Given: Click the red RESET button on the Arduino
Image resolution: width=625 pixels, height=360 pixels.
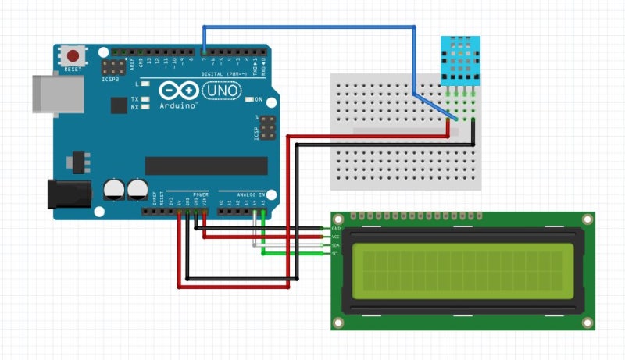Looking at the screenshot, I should [73, 56].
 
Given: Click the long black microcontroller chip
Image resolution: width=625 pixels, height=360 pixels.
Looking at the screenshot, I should [206, 166].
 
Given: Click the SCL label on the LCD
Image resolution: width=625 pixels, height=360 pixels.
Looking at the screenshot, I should [335, 254].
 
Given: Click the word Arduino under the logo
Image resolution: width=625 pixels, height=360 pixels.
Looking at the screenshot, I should [179, 105].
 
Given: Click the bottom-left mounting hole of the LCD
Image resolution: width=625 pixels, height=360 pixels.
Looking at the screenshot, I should [338, 322].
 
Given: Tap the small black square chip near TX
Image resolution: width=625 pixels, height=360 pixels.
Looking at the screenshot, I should [118, 105].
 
